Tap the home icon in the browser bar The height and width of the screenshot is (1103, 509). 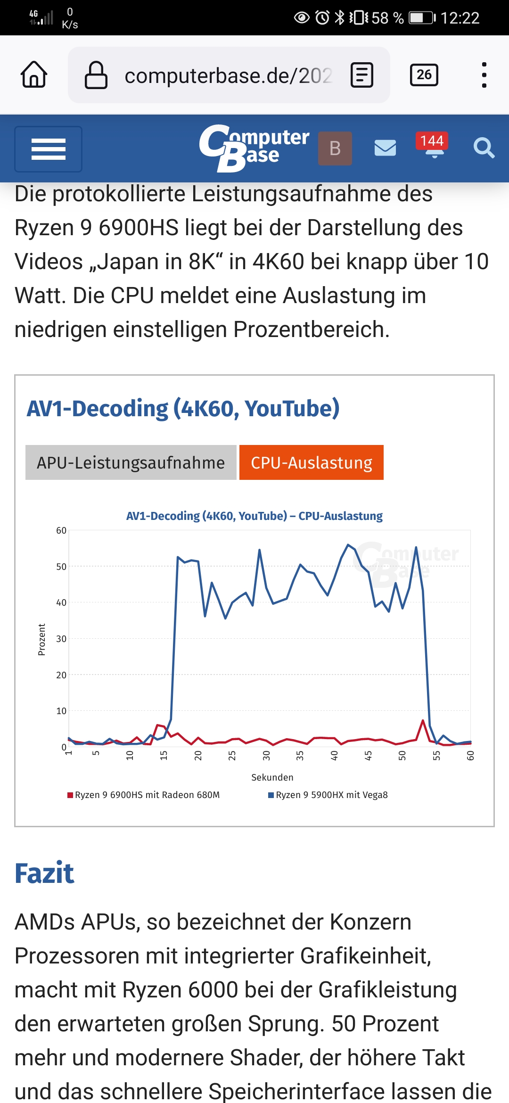(34, 74)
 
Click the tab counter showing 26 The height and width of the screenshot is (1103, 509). (424, 75)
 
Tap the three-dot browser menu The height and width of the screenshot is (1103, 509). (484, 75)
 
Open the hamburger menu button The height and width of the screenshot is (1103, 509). (48, 149)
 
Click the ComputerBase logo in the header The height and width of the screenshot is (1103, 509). (254, 148)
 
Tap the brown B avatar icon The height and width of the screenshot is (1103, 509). (335, 148)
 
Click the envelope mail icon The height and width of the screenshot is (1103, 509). (385, 148)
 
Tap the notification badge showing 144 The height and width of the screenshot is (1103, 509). (432, 141)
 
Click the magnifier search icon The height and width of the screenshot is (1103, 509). (484, 148)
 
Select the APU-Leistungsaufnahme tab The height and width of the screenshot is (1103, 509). (131, 462)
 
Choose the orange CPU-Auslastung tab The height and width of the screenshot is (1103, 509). (312, 462)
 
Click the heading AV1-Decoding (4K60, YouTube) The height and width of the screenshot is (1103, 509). (183, 408)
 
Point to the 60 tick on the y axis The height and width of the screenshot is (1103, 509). (61, 530)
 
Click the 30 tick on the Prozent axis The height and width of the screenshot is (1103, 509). (61, 639)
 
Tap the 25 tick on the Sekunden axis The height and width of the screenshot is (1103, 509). (232, 756)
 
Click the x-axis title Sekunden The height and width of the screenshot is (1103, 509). (272, 777)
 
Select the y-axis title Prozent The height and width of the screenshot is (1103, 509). (41, 639)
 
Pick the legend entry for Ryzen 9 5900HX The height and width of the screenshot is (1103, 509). (328, 795)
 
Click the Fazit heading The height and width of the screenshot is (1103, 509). (44, 873)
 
